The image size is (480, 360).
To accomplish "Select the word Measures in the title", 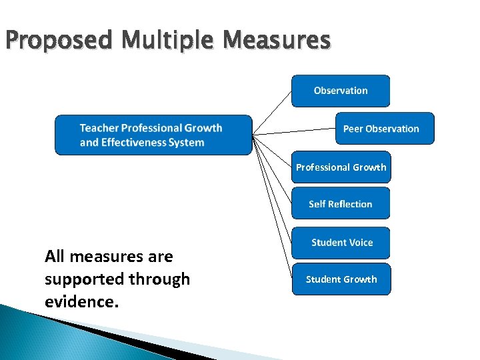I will click(277, 41).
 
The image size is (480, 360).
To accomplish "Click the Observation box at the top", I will click(341, 91).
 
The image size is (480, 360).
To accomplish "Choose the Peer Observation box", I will click(385, 129).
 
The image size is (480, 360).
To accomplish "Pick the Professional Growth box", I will click(341, 167).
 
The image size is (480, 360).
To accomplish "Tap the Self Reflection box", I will click(341, 204).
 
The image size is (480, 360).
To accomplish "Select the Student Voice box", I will click(341, 243).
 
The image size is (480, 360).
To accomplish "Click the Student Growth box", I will click(341, 279).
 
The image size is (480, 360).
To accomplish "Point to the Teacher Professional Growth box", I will click(153, 135).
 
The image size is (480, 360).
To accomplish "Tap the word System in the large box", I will click(187, 143).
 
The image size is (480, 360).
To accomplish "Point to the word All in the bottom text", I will click(55, 257).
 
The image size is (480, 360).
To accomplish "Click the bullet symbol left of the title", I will click(2, 41).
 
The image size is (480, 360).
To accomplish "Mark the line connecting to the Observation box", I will click(273, 111).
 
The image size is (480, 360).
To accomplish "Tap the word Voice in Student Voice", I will click(360, 243).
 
